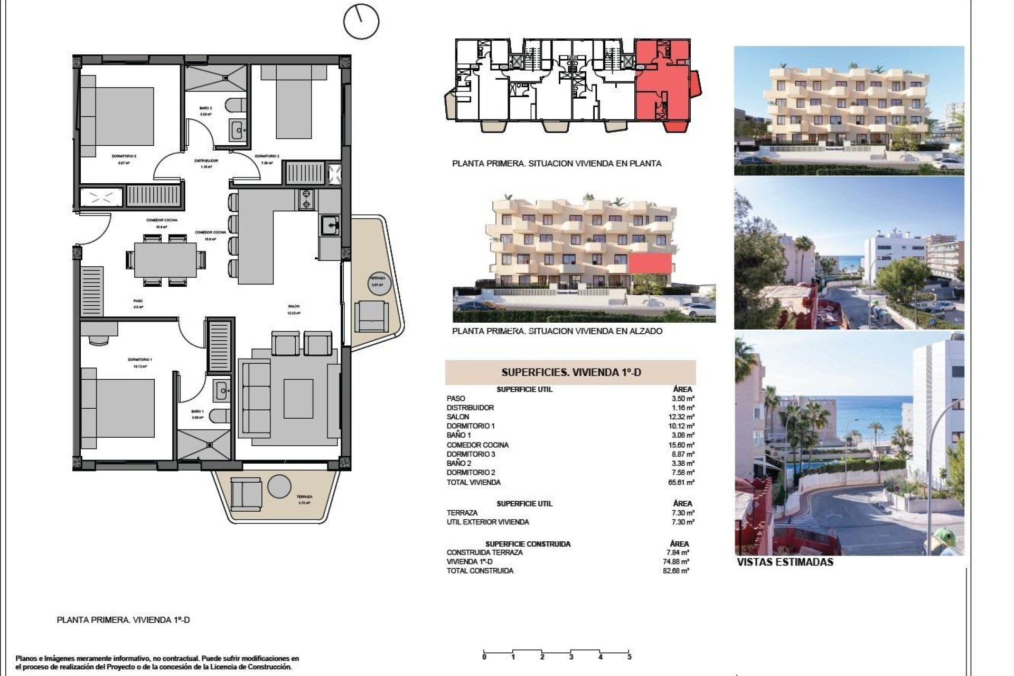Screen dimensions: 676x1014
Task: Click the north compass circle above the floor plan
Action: pos(361,22)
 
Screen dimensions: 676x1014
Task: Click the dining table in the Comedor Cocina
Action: pos(165,260)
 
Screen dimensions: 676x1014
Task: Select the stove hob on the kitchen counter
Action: pos(306,199)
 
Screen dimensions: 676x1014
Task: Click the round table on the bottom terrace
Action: pos(279,486)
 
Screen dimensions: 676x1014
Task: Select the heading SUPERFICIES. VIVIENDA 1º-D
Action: pos(571,372)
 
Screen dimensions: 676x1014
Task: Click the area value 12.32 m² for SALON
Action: pos(683,417)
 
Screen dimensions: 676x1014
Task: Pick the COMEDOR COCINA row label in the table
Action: pos(477,445)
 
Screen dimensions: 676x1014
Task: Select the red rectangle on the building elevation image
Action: pos(650,263)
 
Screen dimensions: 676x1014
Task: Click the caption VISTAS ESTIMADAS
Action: pos(785,562)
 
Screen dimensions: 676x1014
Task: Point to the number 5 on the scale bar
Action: pos(629,657)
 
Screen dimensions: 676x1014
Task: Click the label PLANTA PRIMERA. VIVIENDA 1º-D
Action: pos(123,620)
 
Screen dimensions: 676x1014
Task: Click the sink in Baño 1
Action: pos(221,391)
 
